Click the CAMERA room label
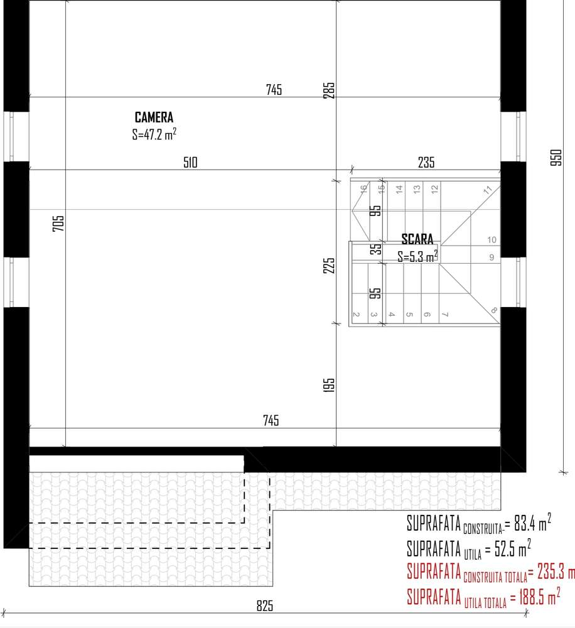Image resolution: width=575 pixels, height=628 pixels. (x=154, y=117)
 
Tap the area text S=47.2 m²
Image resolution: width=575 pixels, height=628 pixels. (x=154, y=134)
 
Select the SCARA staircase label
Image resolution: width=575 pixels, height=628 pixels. (x=417, y=239)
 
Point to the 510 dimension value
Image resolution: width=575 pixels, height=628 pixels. (x=190, y=163)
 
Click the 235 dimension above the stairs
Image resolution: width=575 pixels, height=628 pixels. (x=426, y=163)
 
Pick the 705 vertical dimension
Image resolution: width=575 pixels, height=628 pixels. (x=58, y=224)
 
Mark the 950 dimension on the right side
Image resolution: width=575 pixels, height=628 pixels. (x=556, y=157)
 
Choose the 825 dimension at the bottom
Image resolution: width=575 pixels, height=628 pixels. (x=266, y=606)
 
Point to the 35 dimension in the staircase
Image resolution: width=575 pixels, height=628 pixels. (x=375, y=249)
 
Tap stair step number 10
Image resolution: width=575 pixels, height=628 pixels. (x=492, y=240)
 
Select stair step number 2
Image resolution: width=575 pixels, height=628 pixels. (x=356, y=314)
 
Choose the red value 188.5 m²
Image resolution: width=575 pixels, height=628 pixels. (x=535, y=595)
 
